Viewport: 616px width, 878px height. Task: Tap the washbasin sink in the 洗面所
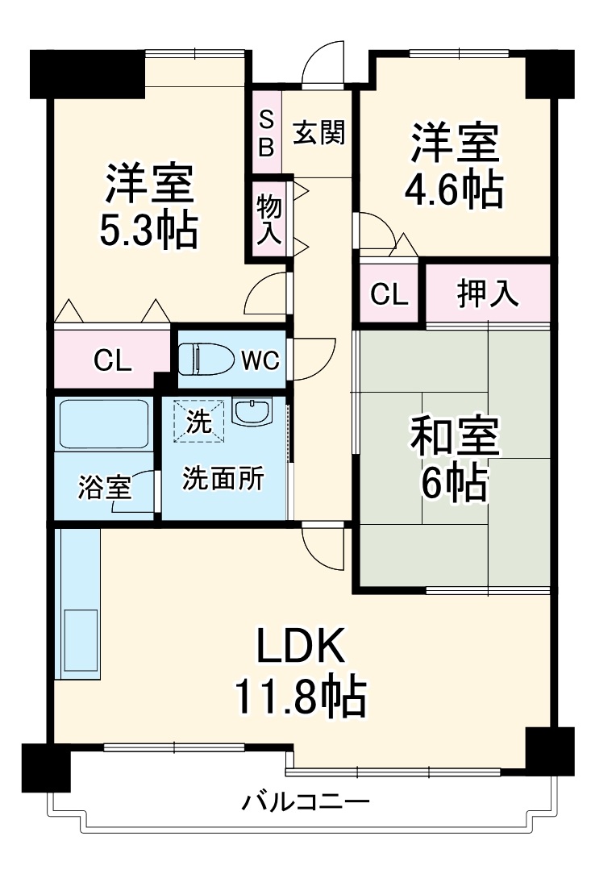pos(252,412)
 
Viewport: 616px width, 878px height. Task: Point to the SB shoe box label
pos(266,133)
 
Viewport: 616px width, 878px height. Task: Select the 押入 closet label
pos(487,294)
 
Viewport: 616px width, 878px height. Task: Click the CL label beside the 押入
pos(389,295)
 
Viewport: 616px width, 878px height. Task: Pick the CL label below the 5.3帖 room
pos(114,361)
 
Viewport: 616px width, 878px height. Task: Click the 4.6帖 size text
pos(455,190)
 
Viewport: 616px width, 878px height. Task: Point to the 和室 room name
pos(456,438)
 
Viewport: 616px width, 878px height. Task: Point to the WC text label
pos(260,360)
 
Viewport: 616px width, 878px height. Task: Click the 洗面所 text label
pos(223,479)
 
